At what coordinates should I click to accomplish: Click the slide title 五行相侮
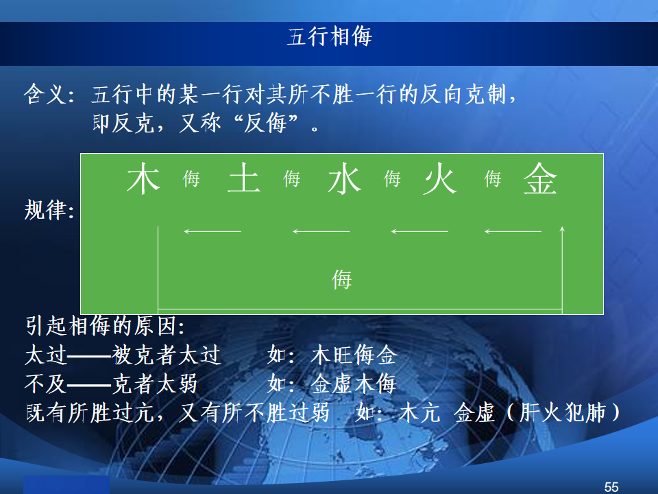[x=330, y=36]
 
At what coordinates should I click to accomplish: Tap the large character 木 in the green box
[x=143, y=178]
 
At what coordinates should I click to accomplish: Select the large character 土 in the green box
[x=244, y=178]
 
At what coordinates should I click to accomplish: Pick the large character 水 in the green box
[x=345, y=179]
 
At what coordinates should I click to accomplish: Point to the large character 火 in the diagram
[x=439, y=179]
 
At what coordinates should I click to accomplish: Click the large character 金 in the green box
[x=541, y=178]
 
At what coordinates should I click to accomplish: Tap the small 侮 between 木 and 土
[x=191, y=179]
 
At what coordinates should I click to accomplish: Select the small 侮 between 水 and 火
[x=392, y=179]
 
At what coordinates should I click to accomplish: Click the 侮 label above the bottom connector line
[x=341, y=279]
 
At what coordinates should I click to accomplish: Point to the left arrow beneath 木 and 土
[x=212, y=231]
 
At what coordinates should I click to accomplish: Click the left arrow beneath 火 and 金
[x=513, y=231]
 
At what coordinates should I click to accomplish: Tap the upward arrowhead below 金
[x=562, y=229]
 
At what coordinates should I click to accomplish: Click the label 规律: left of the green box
[x=49, y=210]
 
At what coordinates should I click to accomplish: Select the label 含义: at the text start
[x=49, y=94]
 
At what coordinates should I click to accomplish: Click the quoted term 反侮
[x=265, y=123]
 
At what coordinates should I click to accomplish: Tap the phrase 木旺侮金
[x=354, y=355]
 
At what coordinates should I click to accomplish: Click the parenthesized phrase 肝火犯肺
[x=563, y=412]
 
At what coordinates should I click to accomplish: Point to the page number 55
[x=611, y=487]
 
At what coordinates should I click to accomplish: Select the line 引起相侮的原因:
[x=105, y=326]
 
